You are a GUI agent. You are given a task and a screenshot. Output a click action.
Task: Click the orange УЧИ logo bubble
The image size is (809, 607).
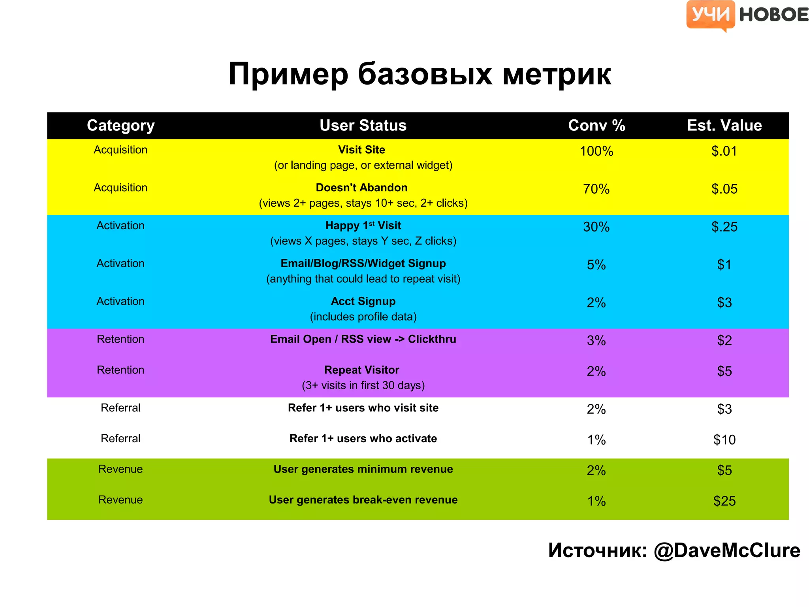710,15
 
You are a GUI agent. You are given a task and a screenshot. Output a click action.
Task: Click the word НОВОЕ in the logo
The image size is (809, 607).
773,15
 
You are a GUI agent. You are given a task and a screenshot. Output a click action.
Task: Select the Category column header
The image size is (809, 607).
120,125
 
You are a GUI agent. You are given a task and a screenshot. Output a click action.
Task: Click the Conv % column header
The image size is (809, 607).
596,125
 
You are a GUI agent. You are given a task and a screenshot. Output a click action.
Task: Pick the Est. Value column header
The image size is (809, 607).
724,125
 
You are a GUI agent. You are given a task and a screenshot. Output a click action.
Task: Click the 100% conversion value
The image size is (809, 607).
596,151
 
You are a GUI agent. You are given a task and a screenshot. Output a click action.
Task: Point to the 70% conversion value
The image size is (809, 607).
596,189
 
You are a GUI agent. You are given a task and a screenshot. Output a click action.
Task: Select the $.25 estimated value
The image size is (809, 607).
724,227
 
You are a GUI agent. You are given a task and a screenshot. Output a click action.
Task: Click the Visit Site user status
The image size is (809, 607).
361,150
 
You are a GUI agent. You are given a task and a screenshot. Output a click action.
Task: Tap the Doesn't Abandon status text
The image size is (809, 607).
361,188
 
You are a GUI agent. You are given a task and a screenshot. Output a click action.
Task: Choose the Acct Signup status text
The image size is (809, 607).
363,301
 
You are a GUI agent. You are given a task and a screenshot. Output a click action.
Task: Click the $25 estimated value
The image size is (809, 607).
724,501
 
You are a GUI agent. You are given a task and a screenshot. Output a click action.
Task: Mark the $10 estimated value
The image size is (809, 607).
724,439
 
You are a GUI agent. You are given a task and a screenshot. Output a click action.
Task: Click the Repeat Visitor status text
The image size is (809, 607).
361,370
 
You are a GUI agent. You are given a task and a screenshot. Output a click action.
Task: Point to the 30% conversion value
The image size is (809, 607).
596,227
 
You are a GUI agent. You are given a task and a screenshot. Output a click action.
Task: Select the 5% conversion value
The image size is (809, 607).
596,265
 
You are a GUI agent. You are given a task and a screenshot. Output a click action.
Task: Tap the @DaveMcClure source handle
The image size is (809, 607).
726,550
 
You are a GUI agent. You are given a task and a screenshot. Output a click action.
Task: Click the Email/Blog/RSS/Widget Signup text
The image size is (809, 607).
363,263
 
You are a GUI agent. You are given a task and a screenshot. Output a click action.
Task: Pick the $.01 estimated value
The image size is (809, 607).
724,151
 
